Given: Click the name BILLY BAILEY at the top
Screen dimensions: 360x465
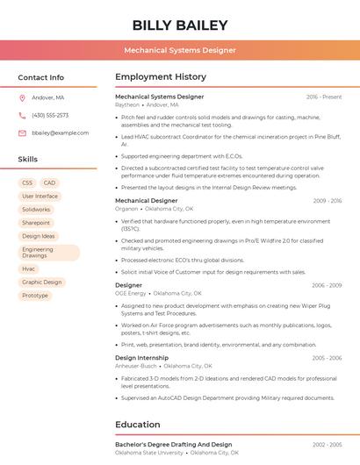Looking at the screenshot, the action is [x=180, y=25].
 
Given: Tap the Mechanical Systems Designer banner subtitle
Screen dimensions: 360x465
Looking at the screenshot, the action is [x=180, y=50].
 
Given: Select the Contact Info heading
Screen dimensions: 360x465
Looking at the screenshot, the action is [x=41, y=77].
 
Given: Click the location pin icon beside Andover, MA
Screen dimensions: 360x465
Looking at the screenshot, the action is [x=22, y=98].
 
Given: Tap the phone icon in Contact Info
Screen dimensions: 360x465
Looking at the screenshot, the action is [x=22, y=115].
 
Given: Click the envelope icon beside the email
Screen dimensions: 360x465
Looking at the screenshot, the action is [x=22, y=132].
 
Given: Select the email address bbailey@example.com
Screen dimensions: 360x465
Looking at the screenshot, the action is [x=61, y=132].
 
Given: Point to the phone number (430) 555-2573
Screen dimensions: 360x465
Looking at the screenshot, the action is [x=50, y=115].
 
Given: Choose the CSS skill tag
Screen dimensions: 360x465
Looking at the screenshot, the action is [x=27, y=183].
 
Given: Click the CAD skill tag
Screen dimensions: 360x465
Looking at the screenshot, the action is [x=49, y=183].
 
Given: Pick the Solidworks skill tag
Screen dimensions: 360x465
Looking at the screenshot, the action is [x=36, y=210].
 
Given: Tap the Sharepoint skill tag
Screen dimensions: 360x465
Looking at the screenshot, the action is [x=36, y=223].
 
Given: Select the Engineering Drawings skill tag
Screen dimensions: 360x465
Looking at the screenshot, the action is [x=38, y=253].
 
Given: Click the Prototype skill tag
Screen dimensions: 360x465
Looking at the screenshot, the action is [x=35, y=296].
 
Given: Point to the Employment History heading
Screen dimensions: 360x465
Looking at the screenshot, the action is [x=161, y=77].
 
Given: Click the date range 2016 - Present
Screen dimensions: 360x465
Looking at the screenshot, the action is [x=324, y=97].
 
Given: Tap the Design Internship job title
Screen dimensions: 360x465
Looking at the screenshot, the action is [x=142, y=358].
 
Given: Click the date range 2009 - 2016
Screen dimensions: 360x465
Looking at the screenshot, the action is [x=328, y=201].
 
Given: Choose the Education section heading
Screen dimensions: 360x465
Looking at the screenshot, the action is [x=138, y=425].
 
